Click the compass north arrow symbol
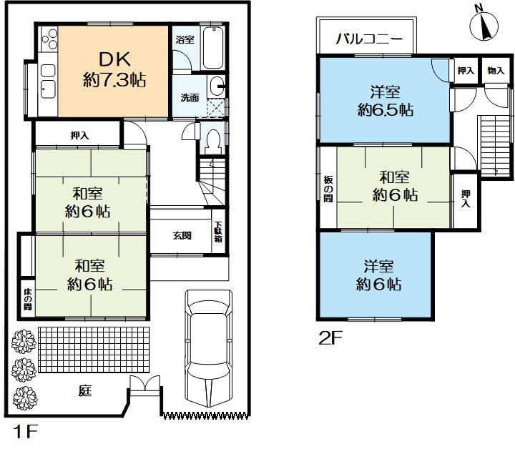pyautogui.click(x=484, y=26)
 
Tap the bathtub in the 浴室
pyautogui.click(x=213, y=48)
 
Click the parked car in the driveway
pyautogui.click(x=209, y=348)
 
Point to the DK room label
pyautogui.click(x=114, y=59)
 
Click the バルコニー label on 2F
pyautogui.click(x=369, y=39)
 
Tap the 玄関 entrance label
pyautogui.click(x=182, y=235)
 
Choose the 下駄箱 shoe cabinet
pyautogui.click(x=218, y=232)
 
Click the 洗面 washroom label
pyautogui.click(x=190, y=97)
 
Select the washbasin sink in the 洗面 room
pyautogui.click(x=216, y=87)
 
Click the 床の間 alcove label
pyautogui.click(x=27, y=299)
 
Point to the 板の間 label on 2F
pyautogui.click(x=328, y=189)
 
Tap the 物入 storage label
pyautogui.click(x=496, y=70)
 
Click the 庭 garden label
pyautogui.click(x=84, y=390)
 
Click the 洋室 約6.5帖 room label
pyautogui.click(x=386, y=101)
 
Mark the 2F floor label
pyautogui.click(x=330, y=338)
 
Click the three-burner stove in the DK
pyautogui.click(x=49, y=39)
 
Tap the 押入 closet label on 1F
pyautogui.click(x=80, y=135)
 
